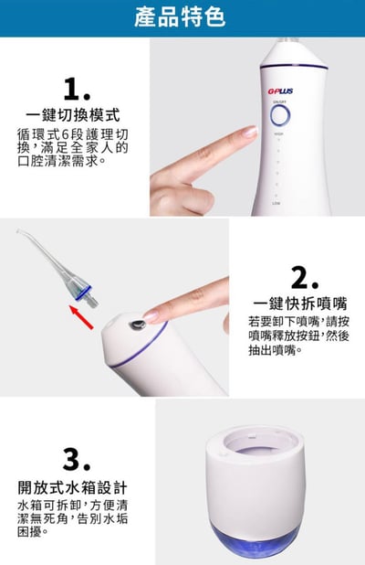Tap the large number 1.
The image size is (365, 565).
click(x=77, y=90)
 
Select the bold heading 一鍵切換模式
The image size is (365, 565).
click(x=73, y=115)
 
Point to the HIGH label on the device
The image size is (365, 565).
click(x=278, y=134)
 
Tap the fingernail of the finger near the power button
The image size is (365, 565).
click(x=247, y=133)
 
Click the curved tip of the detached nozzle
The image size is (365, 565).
click(x=23, y=236)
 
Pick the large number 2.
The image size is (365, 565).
click(x=304, y=277)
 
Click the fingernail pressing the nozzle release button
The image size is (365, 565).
click(x=151, y=316)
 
